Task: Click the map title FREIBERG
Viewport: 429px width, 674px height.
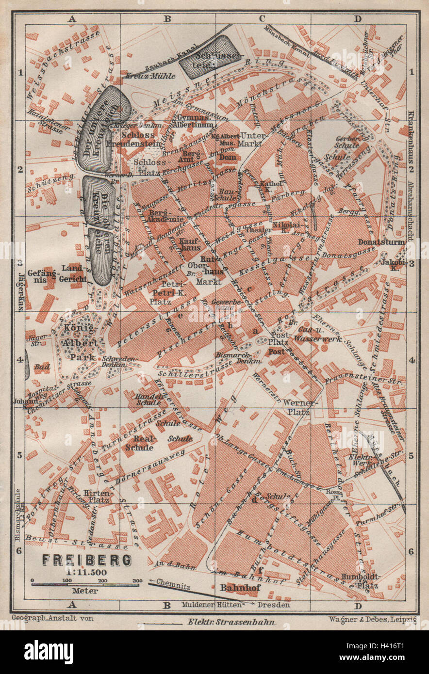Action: click(87, 560)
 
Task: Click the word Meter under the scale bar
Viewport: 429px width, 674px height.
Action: click(85, 591)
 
